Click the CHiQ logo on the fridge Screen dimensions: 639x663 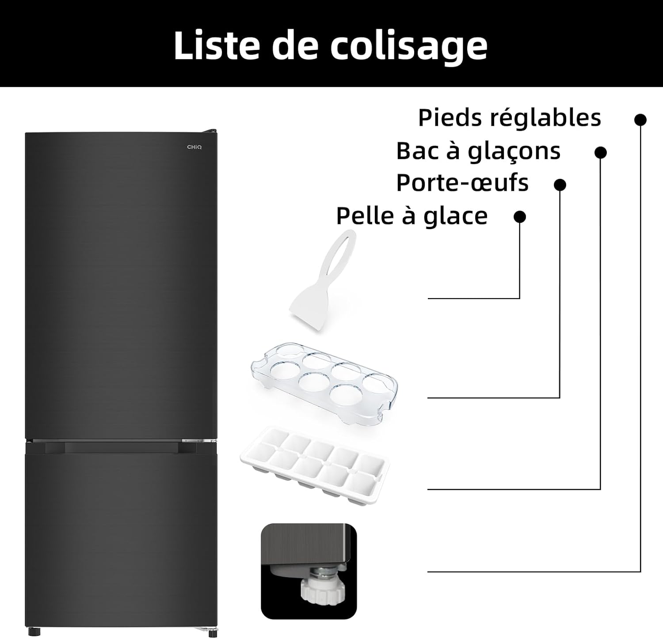[x=194, y=147]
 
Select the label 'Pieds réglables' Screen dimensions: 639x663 [x=509, y=118]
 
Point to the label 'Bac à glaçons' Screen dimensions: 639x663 [x=478, y=151]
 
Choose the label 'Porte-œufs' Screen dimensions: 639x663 [x=462, y=183]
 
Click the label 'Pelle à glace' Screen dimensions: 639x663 [x=412, y=216]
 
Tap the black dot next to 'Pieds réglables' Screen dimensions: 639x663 [x=640, y=120]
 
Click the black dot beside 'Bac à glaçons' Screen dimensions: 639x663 [x=600, y=153]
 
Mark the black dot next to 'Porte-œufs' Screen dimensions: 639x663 [x=560, y=185]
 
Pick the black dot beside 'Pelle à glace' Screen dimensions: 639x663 [x=520, y=217]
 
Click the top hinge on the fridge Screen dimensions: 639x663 [x=210, y=131]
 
